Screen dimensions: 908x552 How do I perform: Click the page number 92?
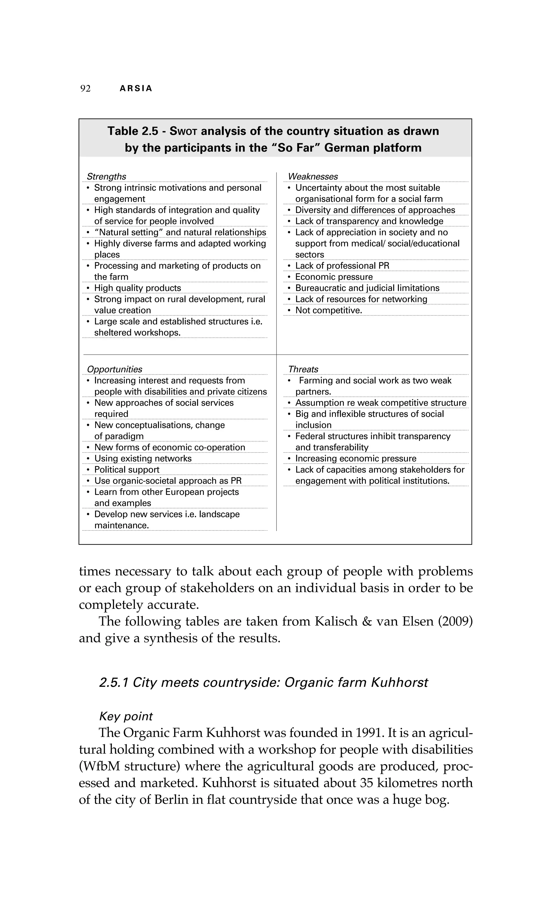[x=85, y=89]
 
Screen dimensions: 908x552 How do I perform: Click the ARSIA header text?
[x=136, y=89]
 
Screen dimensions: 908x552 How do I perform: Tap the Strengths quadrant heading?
[x=106, y=176]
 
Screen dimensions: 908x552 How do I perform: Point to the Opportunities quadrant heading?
[x=115, y=369]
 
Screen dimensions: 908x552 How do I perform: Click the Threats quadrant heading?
[x=303, y=369]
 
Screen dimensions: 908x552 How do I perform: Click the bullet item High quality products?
[x=138, y=288]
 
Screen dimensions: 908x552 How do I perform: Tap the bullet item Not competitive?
[x=329, y=310]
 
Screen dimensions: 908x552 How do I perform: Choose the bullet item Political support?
[x=127, y=470]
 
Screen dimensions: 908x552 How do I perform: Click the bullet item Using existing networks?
[x=143, y=458]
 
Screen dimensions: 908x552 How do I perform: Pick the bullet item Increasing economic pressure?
[x=356, y=458]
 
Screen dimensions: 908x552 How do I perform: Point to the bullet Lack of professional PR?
[x=342, y=266]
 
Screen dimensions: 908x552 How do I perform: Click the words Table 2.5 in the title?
[x=133, y=131]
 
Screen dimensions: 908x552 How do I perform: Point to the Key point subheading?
[x=126, y=716]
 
